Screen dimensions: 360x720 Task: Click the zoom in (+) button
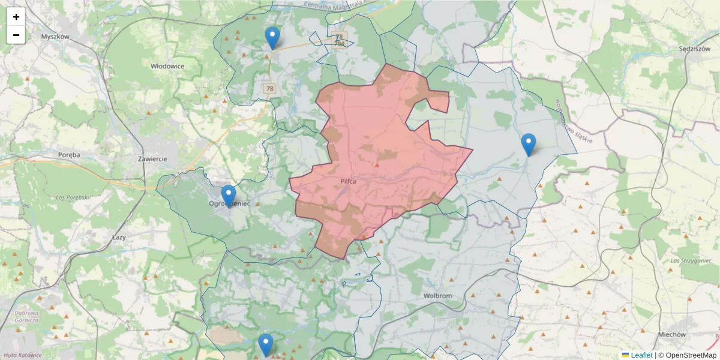[16, 17]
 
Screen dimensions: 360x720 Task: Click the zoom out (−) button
[16, 35]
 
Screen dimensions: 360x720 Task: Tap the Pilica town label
[348, 181]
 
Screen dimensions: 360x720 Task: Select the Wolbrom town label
[437, 296]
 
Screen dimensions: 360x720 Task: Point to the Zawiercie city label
[151, 159]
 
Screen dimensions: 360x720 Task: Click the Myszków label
[55, 37]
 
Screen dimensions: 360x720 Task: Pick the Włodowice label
[167, 67]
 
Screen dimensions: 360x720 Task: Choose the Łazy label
[119, 238]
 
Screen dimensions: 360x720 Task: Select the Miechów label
[671, 334]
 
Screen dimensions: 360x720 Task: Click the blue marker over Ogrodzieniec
[229, 196]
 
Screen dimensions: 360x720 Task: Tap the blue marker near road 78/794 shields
[272, 38]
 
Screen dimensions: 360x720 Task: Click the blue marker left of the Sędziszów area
[529, 144]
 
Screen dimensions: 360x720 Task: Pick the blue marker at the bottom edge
[266, 344]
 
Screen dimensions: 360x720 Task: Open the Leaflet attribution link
[641, 355]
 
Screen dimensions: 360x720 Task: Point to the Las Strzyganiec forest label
[691, 261]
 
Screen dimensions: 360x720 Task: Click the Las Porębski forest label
[72, 197]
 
